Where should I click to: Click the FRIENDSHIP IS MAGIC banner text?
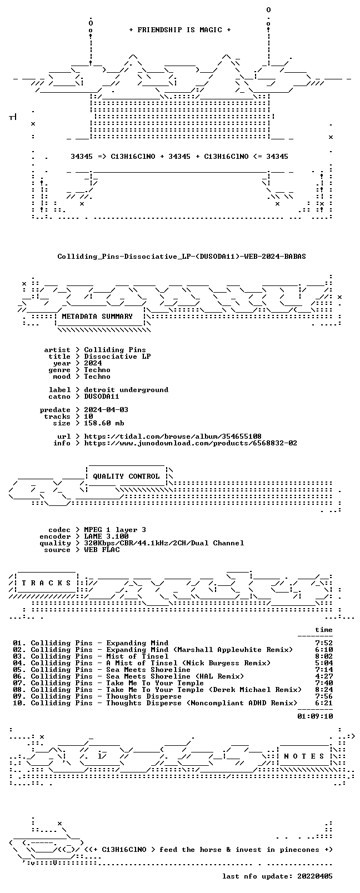point(180,30)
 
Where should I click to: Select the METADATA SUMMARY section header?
point(97,317)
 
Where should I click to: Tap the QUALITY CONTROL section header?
point(126,476)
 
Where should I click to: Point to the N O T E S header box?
point(304,756)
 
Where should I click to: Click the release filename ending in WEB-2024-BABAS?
point(182,257)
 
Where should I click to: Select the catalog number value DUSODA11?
point(102,397)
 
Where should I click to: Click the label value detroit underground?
point(126,390)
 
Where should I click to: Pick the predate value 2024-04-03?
point(106,410)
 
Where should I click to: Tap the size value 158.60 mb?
point(104,423)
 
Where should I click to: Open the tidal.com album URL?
point(173,437)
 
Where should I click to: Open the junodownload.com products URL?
point(191,443)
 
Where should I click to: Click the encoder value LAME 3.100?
point(106,536)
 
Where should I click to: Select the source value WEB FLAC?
point(102,550)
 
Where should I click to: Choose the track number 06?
point(18,676)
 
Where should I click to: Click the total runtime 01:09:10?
point(315,716)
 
